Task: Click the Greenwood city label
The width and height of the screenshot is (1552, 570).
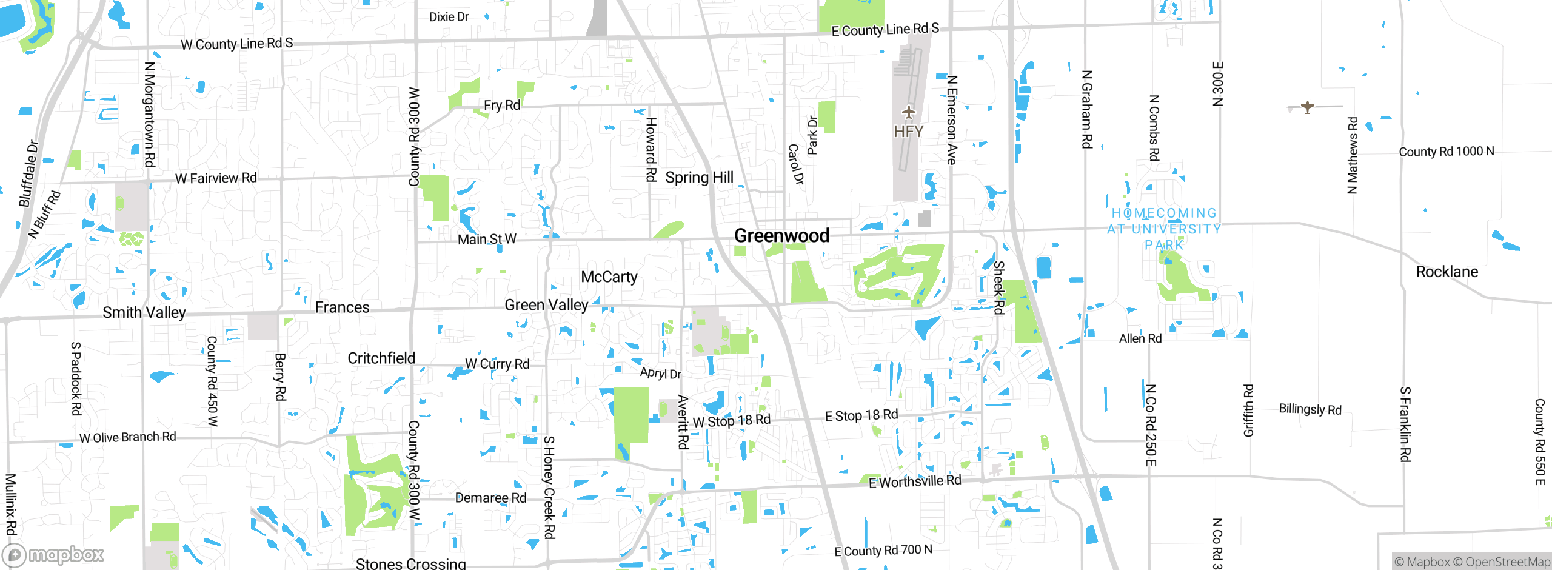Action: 781,235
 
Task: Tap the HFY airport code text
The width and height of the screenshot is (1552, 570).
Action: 908,132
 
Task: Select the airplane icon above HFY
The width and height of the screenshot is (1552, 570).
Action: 908,112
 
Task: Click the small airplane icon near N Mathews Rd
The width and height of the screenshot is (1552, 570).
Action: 1308,107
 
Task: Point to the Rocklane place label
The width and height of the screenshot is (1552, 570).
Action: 1447,272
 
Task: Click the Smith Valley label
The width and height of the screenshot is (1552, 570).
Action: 144,312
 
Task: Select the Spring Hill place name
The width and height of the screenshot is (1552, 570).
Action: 699,178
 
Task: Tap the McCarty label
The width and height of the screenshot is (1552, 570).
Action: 609,277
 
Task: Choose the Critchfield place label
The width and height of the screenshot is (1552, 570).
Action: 381,358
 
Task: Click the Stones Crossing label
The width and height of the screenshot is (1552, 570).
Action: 410,563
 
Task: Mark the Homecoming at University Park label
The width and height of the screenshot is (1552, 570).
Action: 1164,229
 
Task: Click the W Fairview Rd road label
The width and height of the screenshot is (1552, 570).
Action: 216,178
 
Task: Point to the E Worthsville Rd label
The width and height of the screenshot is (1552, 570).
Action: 915,481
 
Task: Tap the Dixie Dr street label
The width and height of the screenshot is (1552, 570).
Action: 449,17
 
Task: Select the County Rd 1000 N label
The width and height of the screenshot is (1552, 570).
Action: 1446,152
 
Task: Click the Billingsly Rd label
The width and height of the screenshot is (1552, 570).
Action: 1309,409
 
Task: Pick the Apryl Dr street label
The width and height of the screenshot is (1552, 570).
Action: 660,373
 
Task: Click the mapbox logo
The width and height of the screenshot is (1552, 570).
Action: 53,554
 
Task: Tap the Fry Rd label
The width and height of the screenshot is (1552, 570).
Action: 502,106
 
